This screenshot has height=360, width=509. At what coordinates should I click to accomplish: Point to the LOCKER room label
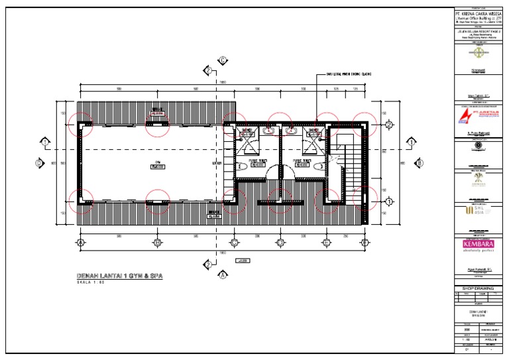click(x=216, y=162)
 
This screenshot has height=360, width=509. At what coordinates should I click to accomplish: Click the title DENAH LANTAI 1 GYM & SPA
click(x=120, y=276)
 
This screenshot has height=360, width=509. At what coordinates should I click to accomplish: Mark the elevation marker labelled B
click(x=419, y=163)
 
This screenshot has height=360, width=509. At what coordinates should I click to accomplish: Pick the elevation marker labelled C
click(x=223, y=61)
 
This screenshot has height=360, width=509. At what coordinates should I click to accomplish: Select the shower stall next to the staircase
click(x=312, y=141)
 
